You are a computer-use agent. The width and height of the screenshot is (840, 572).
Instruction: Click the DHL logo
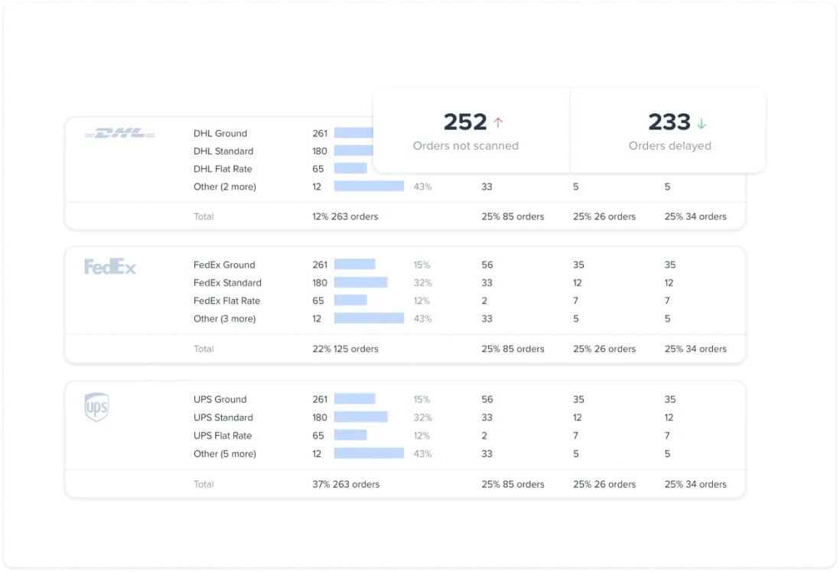(x=119, y=134)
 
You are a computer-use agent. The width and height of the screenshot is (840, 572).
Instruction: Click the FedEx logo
(x=110, y=267)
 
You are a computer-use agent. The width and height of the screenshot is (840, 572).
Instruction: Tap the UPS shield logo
(x=96, y=407)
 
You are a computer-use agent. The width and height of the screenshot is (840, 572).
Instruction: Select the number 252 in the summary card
(x=465, y=122)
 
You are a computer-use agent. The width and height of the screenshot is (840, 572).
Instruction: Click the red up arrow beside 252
(x=498, y=122)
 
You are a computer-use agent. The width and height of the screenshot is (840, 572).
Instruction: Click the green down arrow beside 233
(x=701, y=123)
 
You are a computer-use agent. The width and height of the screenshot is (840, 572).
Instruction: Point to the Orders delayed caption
(x=669, y=146)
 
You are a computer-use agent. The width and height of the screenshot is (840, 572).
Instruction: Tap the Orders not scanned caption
(x=465, y=146)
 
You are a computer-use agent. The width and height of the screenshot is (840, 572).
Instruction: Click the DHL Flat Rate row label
(x=223, y=169)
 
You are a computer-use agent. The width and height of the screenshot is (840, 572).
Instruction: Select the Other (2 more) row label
(x=225, y=187)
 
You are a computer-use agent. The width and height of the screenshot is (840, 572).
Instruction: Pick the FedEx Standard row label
(x=227, y=283)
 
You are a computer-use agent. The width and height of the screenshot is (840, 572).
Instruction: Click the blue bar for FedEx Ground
(x=354, y=265)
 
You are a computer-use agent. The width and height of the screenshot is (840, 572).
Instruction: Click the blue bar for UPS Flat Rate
(x=350, y=436)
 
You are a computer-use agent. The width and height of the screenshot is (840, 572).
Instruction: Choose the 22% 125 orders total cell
(x=345, y=349)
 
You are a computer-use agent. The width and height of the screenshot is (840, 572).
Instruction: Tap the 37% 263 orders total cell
(x=346, y=484)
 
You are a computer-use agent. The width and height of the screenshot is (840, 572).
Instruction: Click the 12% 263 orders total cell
(x=345, y=216)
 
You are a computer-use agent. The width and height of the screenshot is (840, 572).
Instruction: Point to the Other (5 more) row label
(x=225, y=454)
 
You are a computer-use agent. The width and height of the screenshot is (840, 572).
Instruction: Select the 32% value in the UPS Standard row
(x=422, y=418)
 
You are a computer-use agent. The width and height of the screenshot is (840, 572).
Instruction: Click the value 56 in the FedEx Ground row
(x=487, y=265)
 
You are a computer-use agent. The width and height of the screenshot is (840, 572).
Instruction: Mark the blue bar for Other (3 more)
(x=369, y=319)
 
